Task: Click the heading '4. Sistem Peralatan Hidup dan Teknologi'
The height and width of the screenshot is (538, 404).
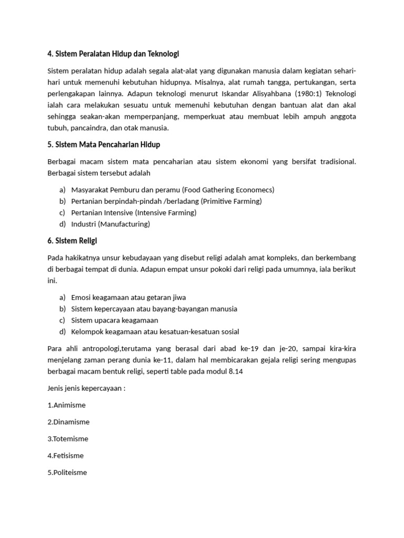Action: point(114,54)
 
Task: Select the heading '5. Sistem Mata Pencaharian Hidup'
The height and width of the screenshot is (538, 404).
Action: point(104,144)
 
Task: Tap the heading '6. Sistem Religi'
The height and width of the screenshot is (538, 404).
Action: point(72,241)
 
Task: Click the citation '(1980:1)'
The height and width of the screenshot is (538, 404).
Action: point(310,94)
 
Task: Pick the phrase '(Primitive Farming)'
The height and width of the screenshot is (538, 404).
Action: point(231,201)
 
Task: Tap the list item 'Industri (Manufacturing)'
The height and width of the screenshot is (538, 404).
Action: point(110,224)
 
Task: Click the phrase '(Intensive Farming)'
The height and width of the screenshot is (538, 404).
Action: point(166,213)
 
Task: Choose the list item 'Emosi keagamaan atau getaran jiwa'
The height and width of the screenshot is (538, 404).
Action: point(128,297)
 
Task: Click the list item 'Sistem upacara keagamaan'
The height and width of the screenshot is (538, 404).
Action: point(115,320)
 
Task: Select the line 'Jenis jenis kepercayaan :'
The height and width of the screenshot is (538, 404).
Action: point(86,388)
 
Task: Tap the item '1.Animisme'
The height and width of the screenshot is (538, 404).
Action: point(66,405)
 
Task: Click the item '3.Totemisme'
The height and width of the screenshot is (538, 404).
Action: point(68,439)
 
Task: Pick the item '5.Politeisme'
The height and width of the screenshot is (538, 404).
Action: point(67,472)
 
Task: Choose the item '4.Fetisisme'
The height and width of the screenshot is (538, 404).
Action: point(66,456)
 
